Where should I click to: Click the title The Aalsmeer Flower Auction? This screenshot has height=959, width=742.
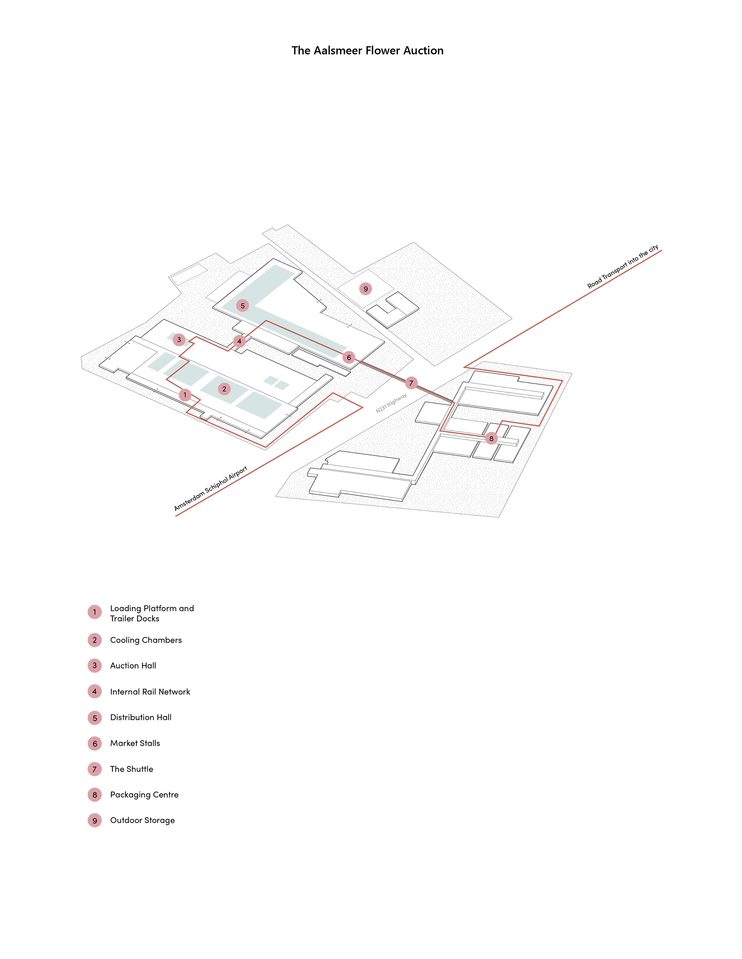coord(368,50)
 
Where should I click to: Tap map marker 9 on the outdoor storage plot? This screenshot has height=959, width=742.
coord(366,289)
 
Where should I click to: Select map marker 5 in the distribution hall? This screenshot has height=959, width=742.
coord(243,306)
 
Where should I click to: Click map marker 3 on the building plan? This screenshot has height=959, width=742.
coord(179,339)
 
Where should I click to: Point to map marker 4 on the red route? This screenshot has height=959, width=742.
coord(239,341)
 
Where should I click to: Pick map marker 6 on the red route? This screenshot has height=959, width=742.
coord(349,358)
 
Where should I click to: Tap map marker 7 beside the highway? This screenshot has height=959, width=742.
coord(411,383)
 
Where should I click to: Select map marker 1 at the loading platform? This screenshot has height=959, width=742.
coord(185,395)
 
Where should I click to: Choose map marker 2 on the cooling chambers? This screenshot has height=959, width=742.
coord(224,389)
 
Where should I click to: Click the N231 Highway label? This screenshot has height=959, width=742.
coord(391,403)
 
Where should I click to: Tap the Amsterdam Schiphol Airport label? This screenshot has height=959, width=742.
coord(211,488)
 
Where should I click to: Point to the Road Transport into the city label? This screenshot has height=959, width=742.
coord(623,266)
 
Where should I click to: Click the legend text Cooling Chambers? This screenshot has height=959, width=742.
coord(146,640)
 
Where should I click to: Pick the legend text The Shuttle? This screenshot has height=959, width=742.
coord(132,769)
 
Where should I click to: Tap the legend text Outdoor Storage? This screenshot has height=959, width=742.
coord(142,820)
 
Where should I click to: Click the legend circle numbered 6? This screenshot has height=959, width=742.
coord(95,743)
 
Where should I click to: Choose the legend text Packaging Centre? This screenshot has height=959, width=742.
coord(145,795)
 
